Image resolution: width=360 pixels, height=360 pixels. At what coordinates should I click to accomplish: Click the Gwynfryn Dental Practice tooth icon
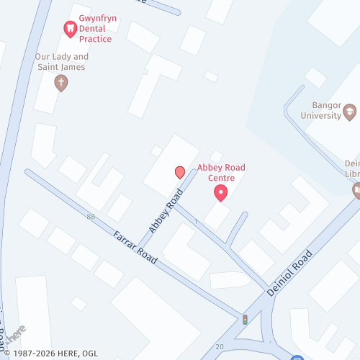tap(70, 29)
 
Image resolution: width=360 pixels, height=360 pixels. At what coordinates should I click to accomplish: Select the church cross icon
tap(61, 83)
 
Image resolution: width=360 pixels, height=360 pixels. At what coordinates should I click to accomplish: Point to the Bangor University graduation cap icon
tap(350, 111)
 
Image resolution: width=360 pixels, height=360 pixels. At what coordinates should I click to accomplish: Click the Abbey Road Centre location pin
tap(221, 193)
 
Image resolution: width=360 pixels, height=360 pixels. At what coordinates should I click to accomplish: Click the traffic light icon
tap(245, 319)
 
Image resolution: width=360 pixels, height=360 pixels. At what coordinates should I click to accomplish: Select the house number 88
tap(90, 217)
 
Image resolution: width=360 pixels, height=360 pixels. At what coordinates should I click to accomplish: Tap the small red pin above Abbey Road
tap(179, 172)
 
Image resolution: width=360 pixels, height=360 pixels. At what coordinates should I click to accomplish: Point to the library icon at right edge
tap(356, 190)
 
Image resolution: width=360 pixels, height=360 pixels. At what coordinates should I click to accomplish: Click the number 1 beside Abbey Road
tap(195, 220)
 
